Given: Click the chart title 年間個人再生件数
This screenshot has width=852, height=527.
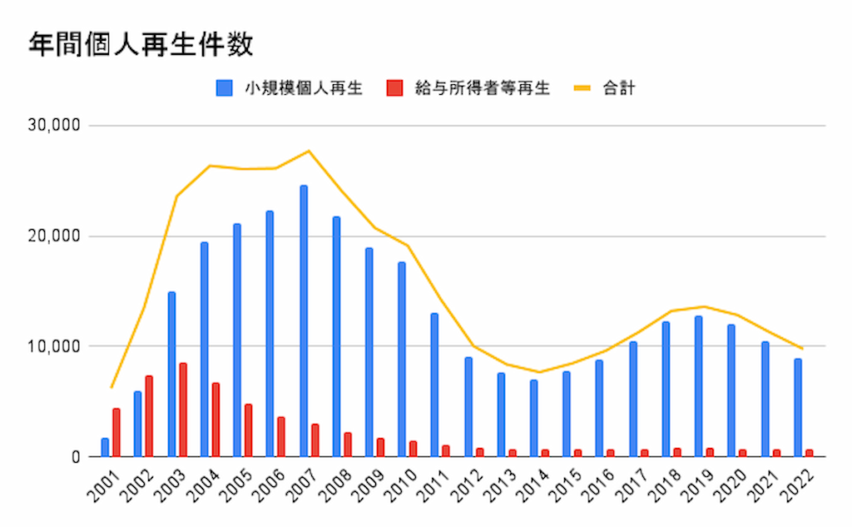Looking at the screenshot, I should click(141, 44).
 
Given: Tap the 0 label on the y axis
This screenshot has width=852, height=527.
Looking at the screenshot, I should click(74, 457).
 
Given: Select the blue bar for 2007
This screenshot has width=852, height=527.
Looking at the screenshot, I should click(304, 321).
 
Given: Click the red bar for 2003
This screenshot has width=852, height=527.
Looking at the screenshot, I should click(182, 410).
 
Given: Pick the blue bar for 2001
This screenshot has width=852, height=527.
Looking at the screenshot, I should click(105, 447).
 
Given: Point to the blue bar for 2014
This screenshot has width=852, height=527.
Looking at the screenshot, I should click(533, 418).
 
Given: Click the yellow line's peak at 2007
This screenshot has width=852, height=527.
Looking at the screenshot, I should click(309, 151).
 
